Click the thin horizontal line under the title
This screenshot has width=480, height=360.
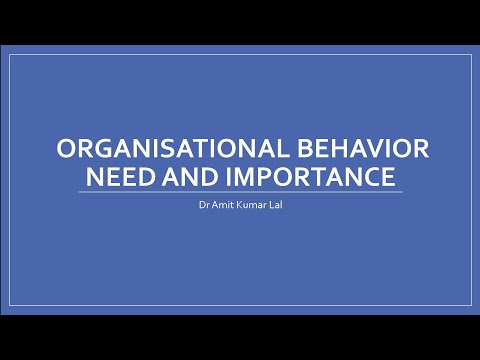pyautogui.click(x=240, y=192)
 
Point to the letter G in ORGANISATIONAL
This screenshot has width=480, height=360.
pyautogui.click(x=101, y=151)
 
